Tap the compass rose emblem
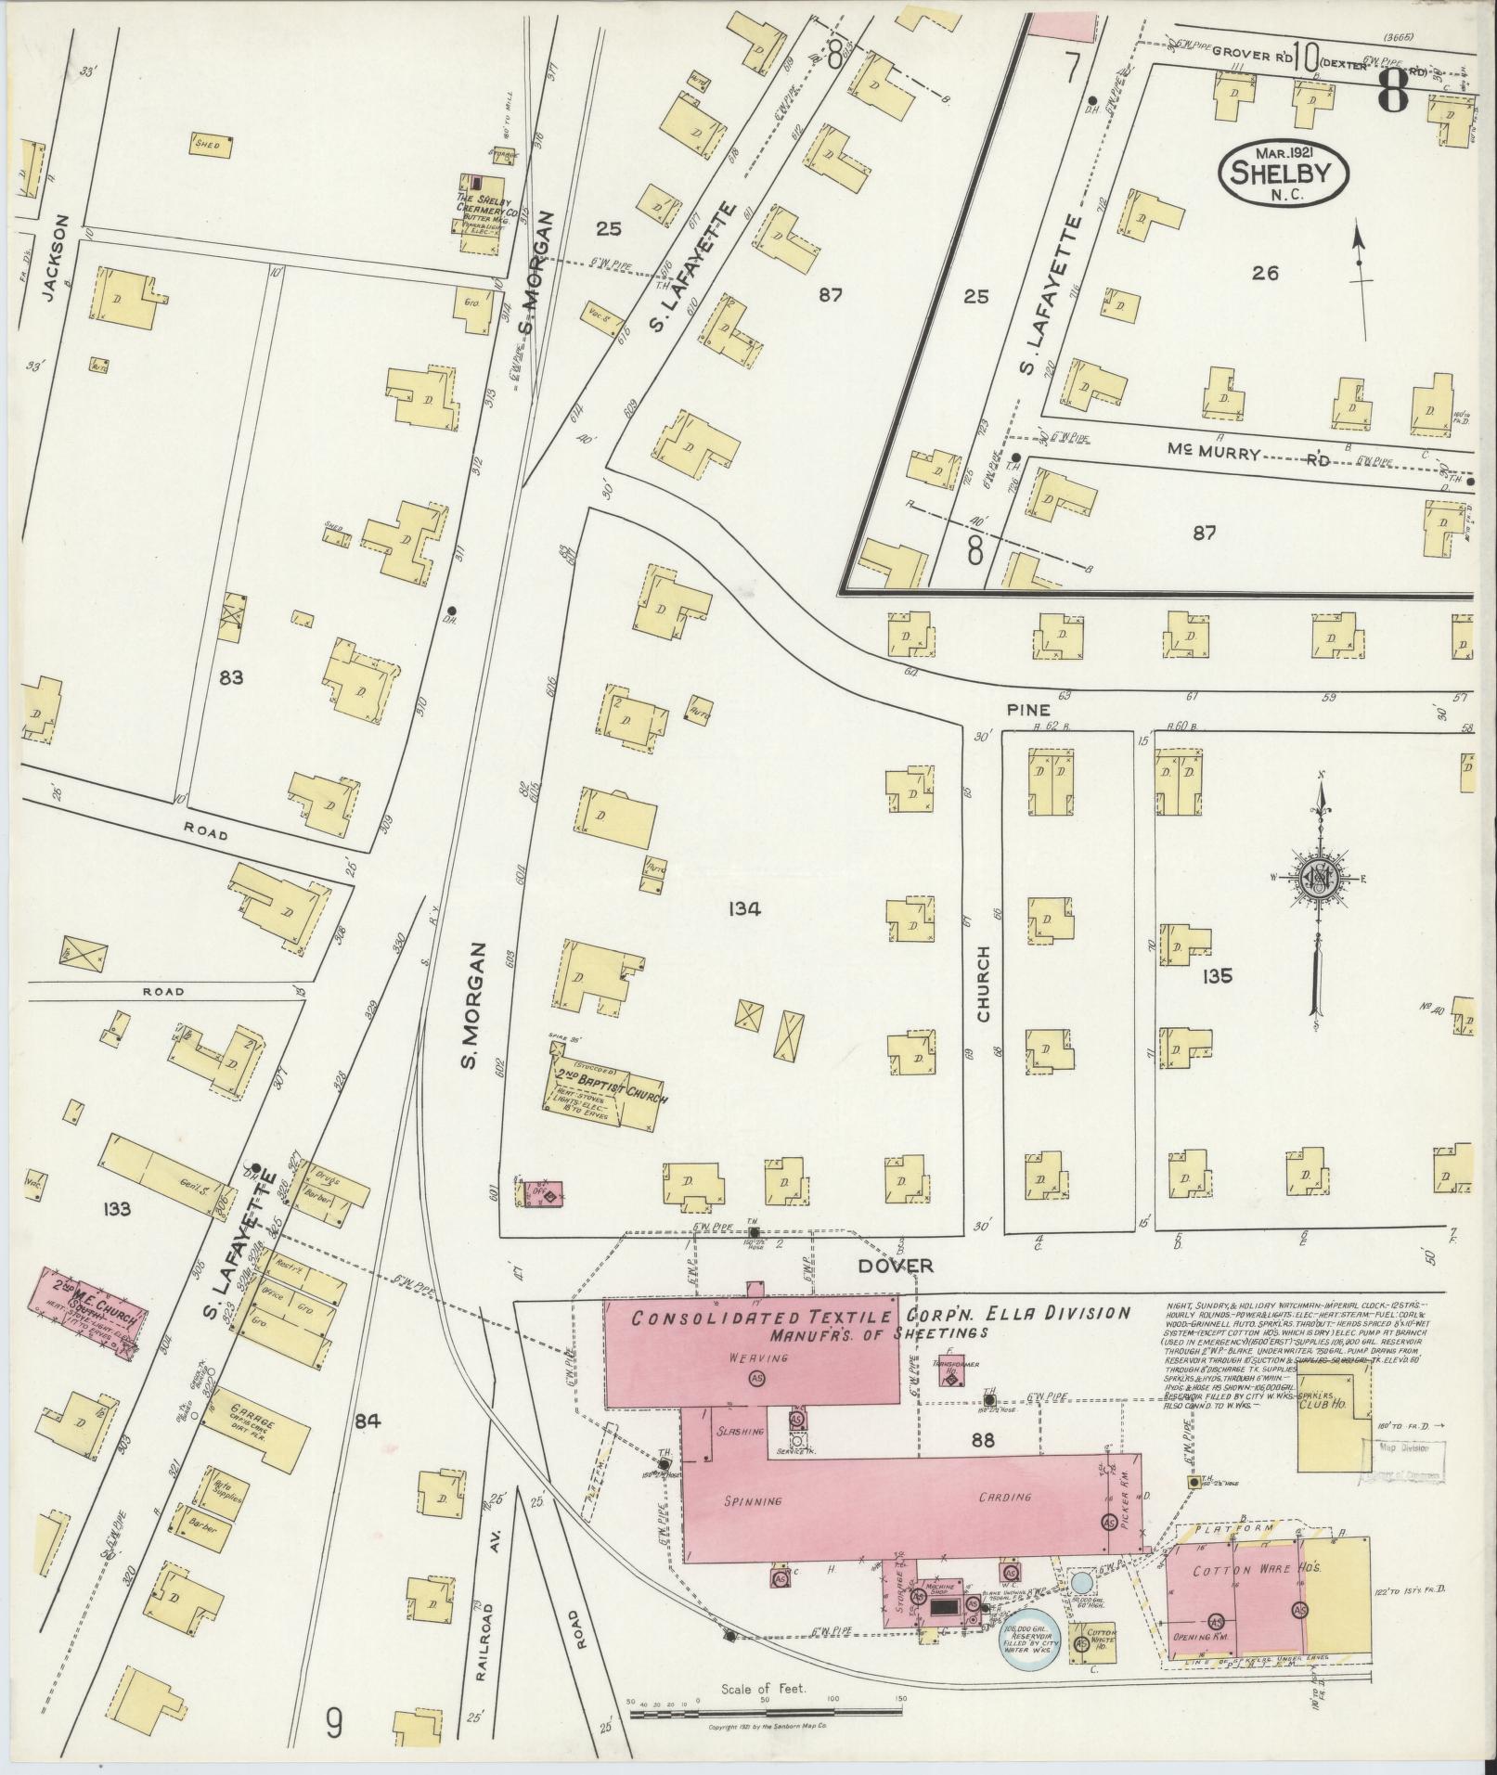coord(1318,879)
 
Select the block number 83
coord(230,678)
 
